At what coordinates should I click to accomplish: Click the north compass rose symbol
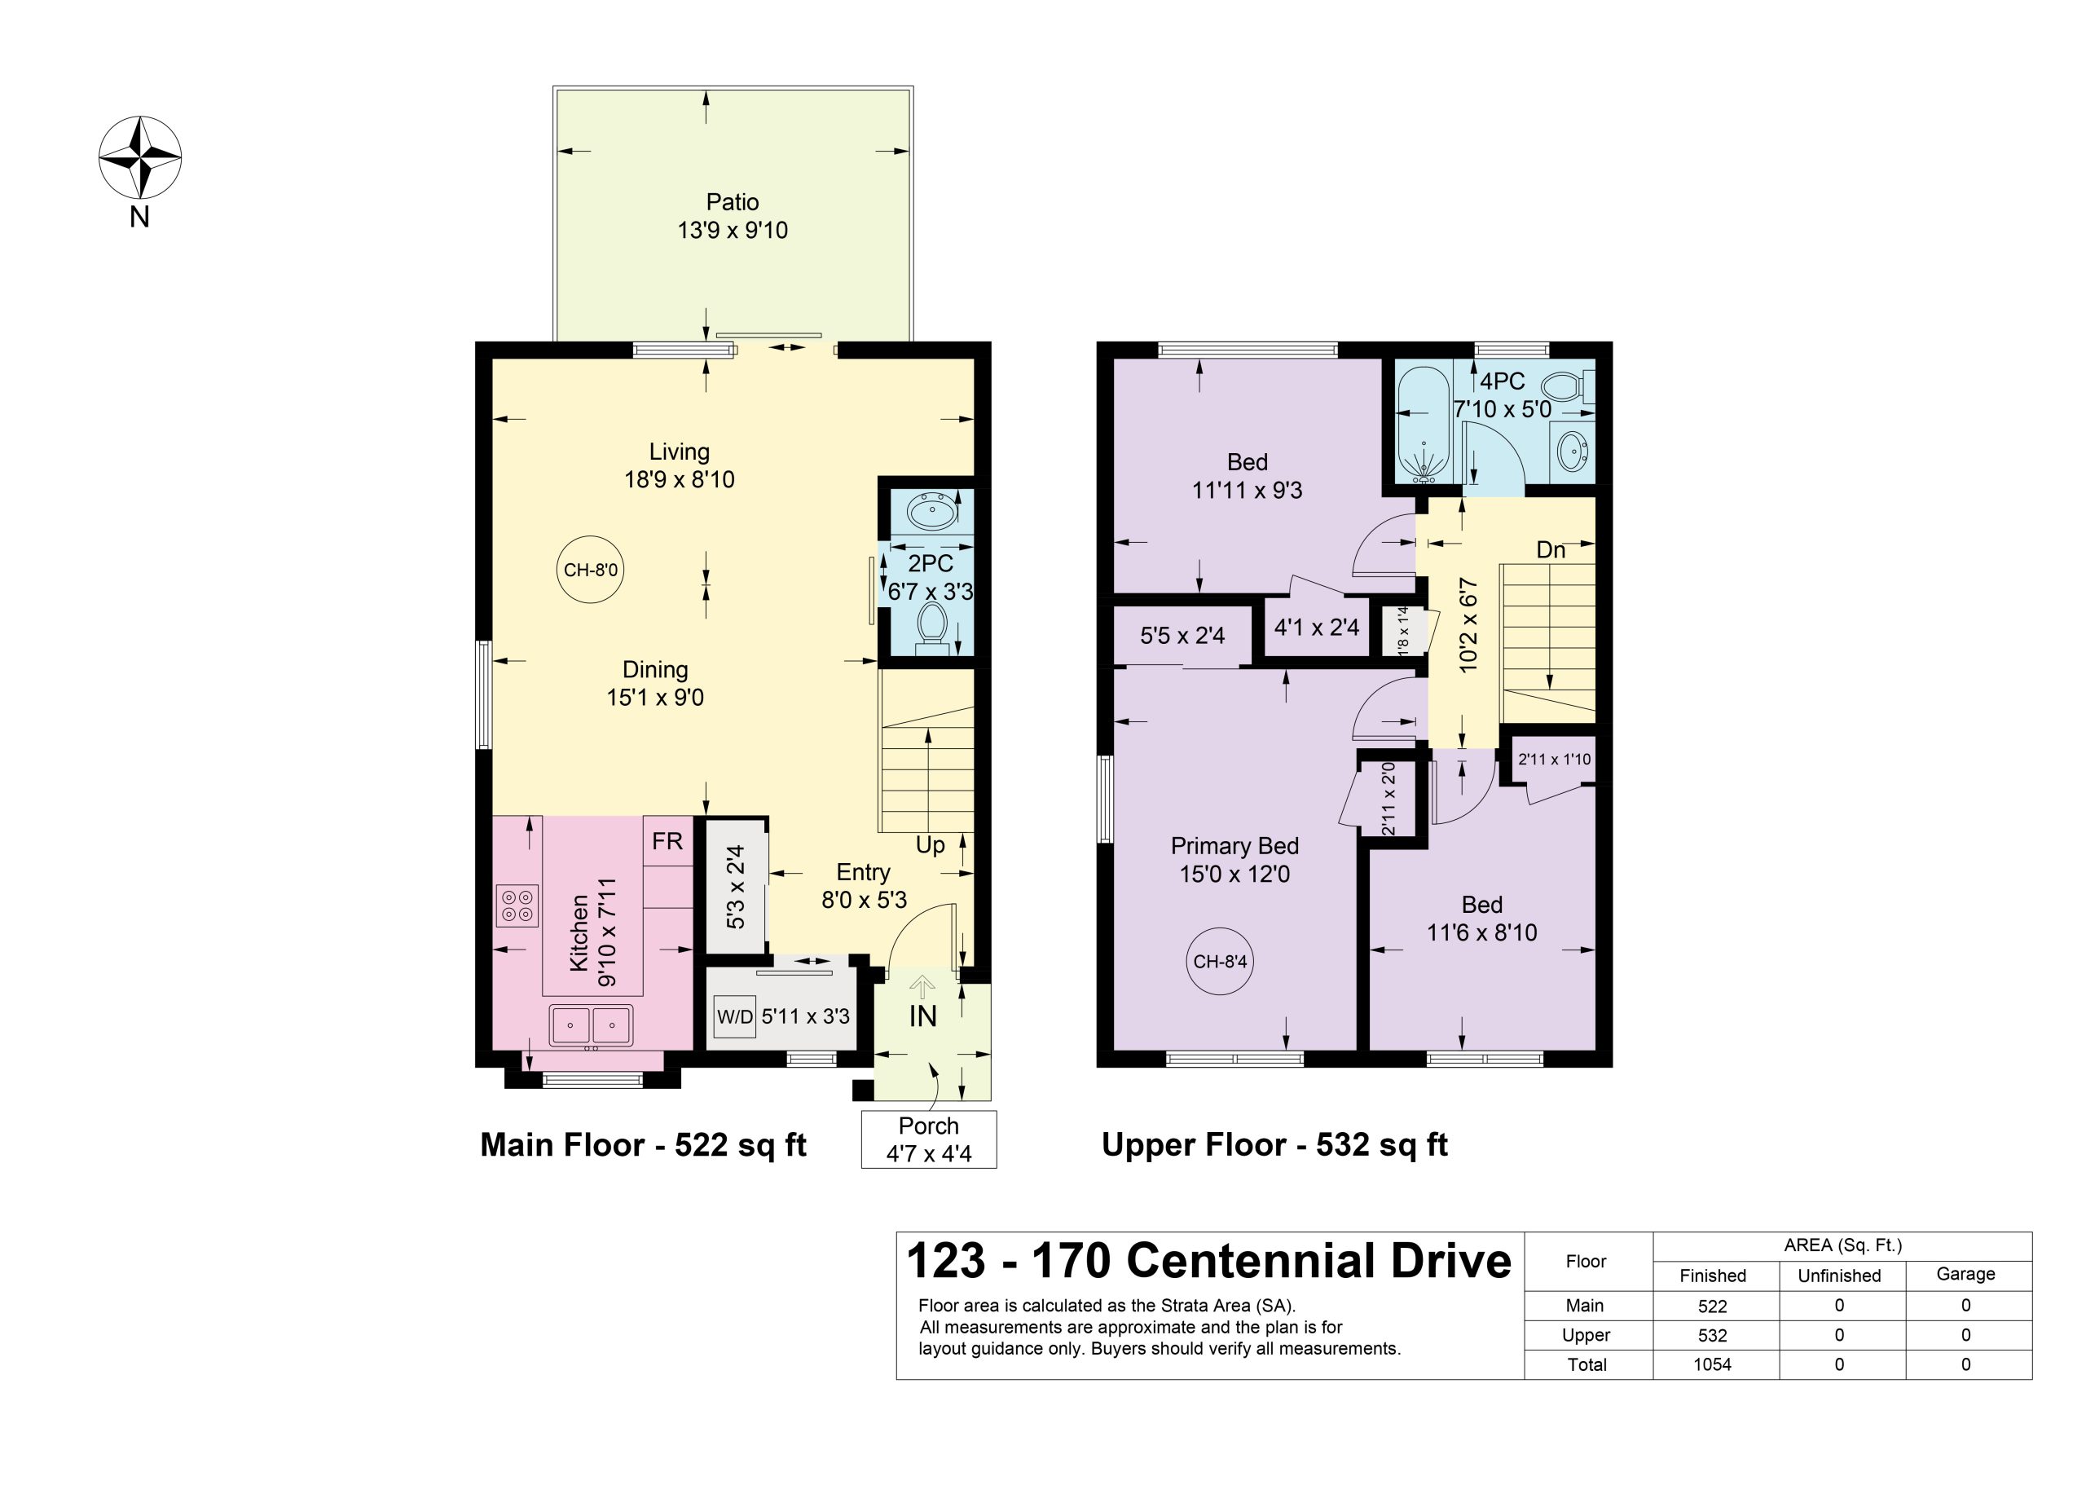(140, 156)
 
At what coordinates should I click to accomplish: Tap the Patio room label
(732, 201)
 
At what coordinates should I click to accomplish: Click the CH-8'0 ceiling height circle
(591, 570)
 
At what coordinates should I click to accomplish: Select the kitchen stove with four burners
(517, 905)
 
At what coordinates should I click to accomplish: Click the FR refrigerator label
(667, 841)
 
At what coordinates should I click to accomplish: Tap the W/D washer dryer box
(735, 1016)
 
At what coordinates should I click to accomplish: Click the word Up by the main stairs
(930, 845)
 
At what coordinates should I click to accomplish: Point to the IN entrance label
(922, 1016)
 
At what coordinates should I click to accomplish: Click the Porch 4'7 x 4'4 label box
(929, 1139)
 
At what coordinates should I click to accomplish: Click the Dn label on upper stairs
(1551, 550)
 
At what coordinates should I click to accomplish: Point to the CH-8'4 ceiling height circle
(1220, 962)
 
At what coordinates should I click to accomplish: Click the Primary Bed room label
(1234, 845)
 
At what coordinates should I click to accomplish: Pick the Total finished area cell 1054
(1713, 1364)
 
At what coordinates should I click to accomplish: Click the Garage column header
(1965, 1274)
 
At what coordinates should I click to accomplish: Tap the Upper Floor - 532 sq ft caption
(1274, 1144)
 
